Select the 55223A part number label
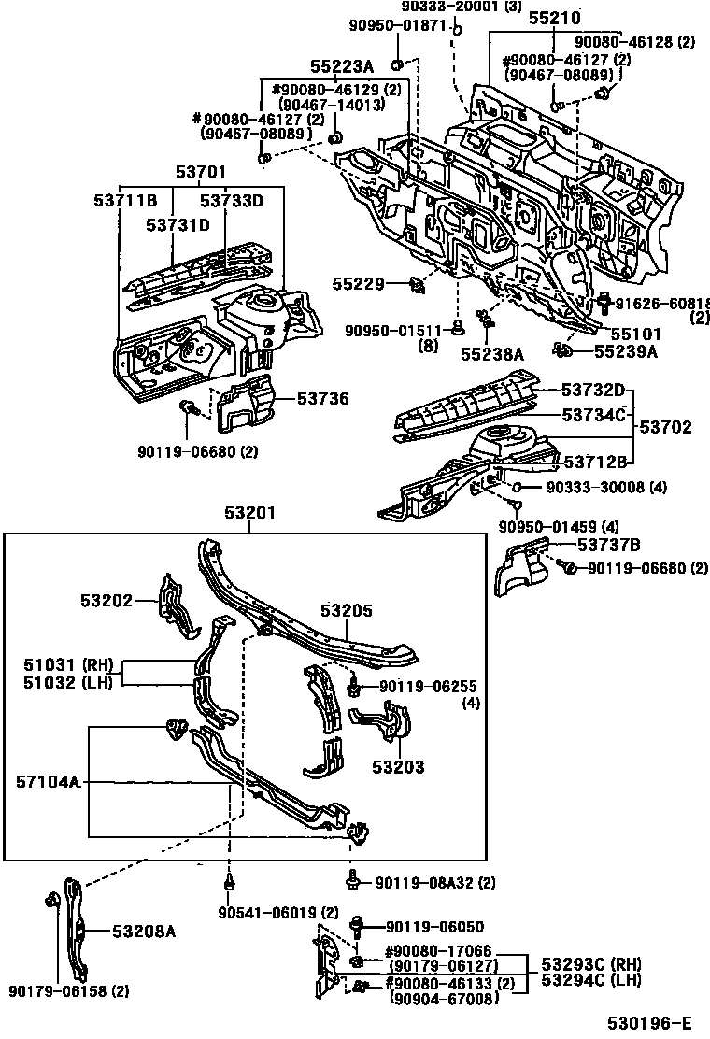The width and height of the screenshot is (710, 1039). point(341,65)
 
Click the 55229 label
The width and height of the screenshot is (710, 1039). point(357,283)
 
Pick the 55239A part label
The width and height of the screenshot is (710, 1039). point(627,351)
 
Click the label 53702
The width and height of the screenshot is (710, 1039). point(666,427)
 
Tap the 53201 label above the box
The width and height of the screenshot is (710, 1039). point(249,512)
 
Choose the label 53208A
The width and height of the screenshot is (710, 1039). point(144,931)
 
